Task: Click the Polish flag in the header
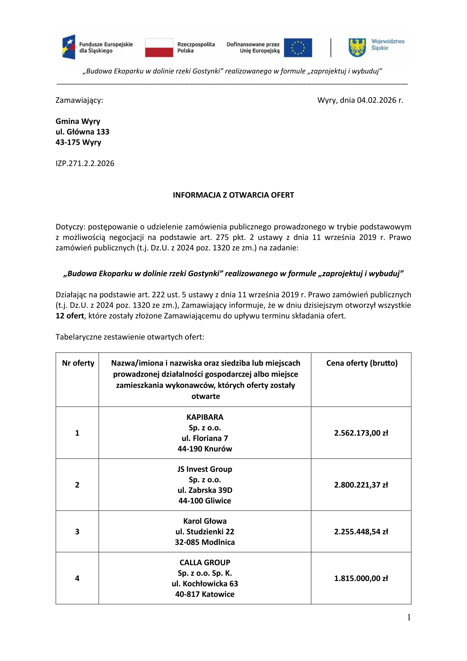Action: point(159,47)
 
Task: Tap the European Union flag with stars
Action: point(298,47)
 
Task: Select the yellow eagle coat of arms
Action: point(357,47)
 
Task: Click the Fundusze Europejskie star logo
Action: point(69,47)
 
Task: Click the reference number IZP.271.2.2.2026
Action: point(85,164)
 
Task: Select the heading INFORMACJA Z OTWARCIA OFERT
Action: point(233,195)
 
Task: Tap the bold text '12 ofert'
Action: point(69,316)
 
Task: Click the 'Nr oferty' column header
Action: point(78,363)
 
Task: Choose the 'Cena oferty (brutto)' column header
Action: point(362,363)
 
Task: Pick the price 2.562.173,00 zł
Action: point(361,433)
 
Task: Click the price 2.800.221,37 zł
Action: point(361,485)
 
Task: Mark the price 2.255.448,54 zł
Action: point(361,532)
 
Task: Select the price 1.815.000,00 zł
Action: point(361,578)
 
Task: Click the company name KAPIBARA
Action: point(205,417)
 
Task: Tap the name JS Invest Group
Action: point(205,469)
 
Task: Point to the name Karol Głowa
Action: point(205,521)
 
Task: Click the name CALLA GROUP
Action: point(205,563)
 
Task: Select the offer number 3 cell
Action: point(77,532)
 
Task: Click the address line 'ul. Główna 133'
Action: point(82,132)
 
